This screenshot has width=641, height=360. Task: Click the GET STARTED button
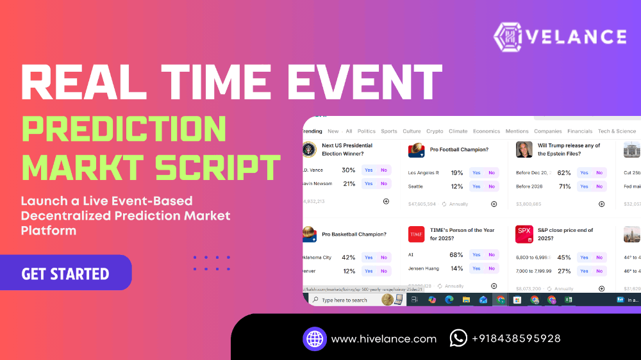65,274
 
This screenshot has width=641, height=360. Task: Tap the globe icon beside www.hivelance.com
315,338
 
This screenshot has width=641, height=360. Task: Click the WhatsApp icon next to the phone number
458,338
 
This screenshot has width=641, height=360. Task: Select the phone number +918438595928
516,339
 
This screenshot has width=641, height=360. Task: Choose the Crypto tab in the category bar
435,131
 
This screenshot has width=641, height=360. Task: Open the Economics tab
487,131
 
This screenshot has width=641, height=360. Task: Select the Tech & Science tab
617,131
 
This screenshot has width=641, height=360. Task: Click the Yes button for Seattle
476,186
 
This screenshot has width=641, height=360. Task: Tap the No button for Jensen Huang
492,268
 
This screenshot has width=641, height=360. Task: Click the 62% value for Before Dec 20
564,172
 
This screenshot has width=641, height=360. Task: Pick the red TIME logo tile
417,234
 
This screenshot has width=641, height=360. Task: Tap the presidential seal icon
310,149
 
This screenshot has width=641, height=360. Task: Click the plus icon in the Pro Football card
494,204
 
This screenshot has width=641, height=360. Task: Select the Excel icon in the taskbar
568,299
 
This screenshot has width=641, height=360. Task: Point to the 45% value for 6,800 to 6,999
564,258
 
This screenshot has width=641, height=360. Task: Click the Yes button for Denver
369,271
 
